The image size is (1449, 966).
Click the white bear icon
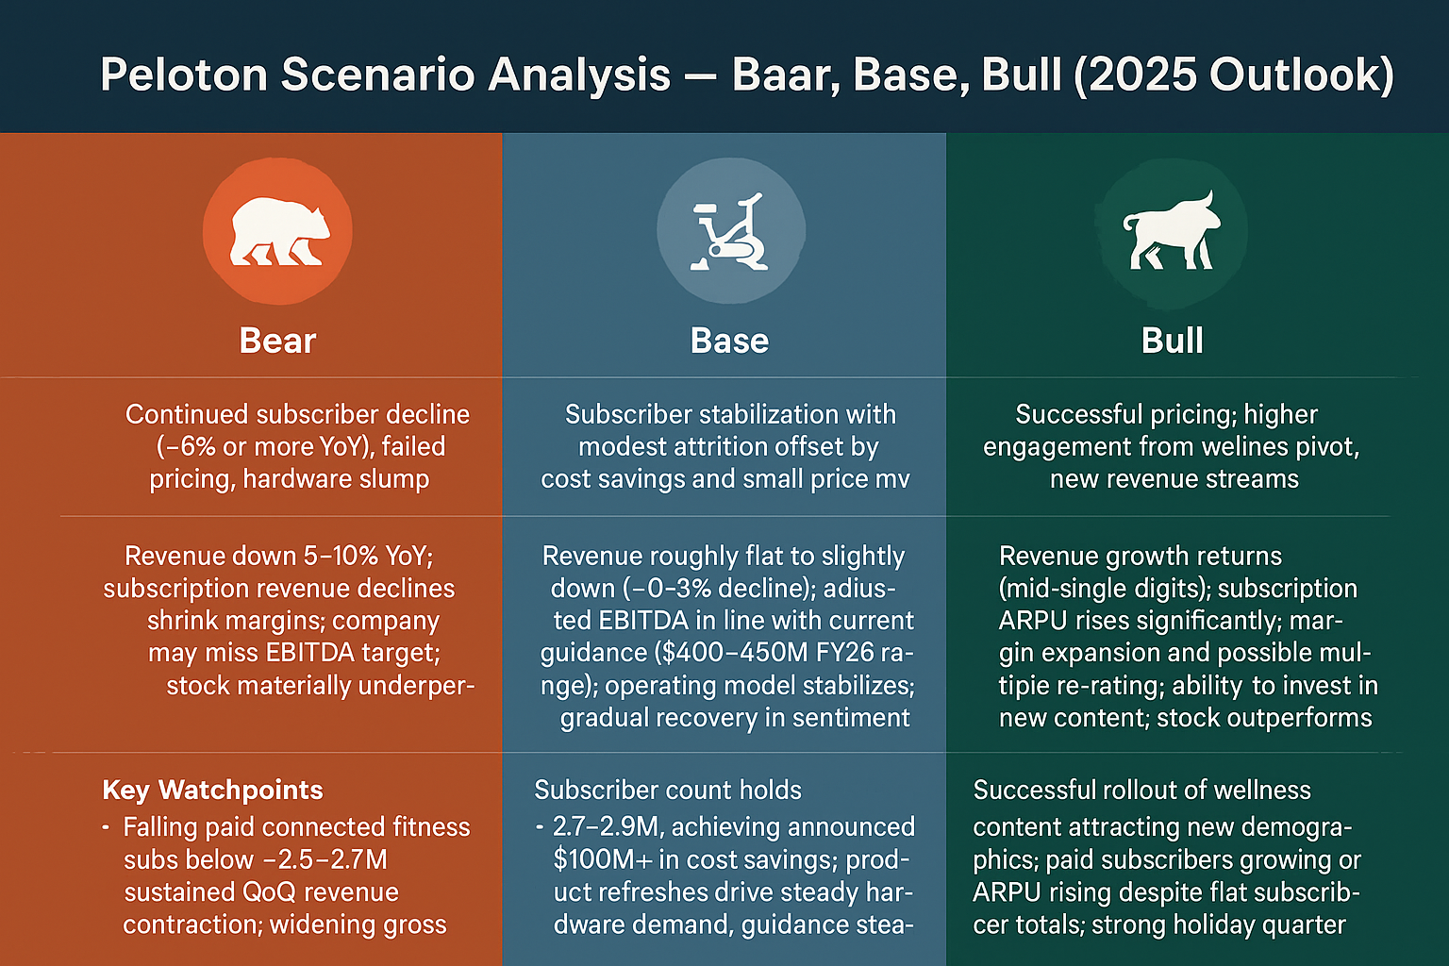click(x=279, y=231)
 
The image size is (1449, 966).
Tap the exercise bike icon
click(x=729, y=233)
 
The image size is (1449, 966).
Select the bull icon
click(x=1172, y=231)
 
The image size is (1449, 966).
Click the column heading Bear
click(x=277, y=341)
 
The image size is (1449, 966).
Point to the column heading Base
click(x=729, y=341)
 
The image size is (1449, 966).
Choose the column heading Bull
click(x=1172, y=341)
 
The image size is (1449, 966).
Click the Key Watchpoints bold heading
click(x=212, y=790)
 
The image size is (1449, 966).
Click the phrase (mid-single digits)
click(x=1105, y=589)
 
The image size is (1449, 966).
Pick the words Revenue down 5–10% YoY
click(x=278, y=556)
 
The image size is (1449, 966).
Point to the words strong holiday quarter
click(x=1218, y=924)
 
